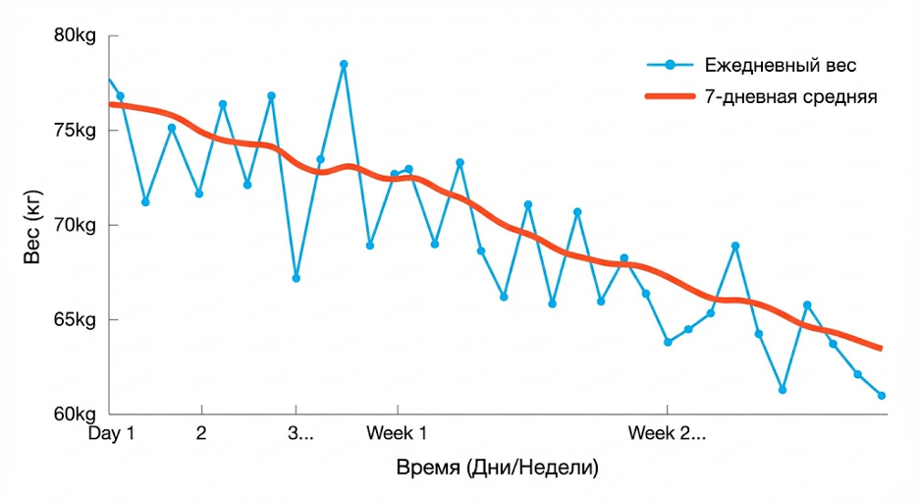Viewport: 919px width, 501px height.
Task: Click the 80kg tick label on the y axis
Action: tap(74, 36)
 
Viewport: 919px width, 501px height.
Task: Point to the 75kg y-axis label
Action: tap(74, 131)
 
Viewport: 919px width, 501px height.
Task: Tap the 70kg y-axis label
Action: tap(74, 225)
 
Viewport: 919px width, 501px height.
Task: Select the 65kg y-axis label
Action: tap(74, 319)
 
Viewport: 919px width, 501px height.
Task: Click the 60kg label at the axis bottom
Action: tap(74, 414)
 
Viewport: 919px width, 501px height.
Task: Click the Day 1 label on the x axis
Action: tap(111, 433)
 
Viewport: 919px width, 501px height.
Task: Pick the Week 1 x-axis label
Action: tap(397, 433)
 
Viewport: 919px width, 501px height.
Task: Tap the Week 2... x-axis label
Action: tap(667, 433)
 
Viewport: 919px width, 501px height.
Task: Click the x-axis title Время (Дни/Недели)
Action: tap(497, 467)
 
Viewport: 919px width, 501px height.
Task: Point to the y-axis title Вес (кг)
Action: tap(32, 225)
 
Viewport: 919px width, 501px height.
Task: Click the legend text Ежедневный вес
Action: tap(781, 66)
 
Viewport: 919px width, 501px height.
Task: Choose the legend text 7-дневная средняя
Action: tap(790, 97)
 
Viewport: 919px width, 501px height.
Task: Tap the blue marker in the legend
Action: tap(671, 66)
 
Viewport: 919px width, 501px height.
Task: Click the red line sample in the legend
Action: tap(671, 97)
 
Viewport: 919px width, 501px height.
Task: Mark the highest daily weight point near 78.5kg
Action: tap(344, 65)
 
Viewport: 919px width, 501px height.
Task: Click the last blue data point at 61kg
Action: tap(882, 396)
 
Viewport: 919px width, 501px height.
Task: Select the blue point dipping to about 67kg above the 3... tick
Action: tap(296, 278)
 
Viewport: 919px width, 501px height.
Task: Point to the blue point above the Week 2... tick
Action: tap(668, 342)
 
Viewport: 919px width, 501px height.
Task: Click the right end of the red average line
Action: tap(881, 349)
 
